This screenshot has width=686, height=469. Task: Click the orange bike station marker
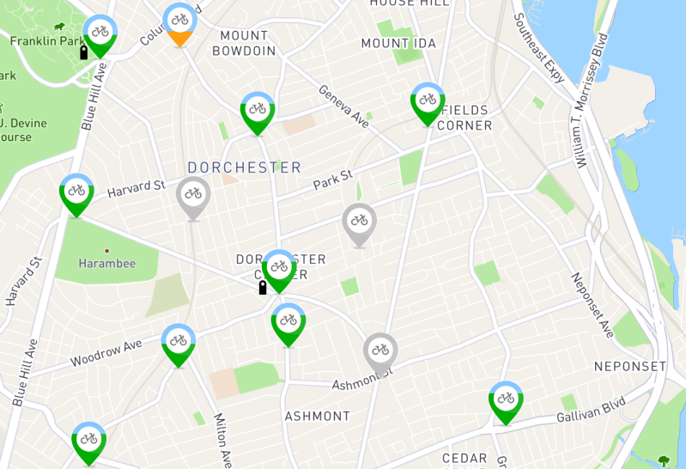pos(179,22)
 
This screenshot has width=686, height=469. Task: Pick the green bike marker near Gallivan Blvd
pos(505,401)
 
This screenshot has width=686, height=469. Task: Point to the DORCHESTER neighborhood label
pos(245,167)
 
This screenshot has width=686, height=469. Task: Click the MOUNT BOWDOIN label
pos(248,43)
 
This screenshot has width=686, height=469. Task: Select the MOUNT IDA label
pos(398,43)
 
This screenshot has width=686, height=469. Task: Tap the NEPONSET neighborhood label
pos(630,367)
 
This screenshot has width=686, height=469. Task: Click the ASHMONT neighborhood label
pos(318,416)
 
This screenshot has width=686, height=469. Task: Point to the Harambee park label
pos(106,263)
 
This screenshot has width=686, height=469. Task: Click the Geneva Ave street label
pos(343,107)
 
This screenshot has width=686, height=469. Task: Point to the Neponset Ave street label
pos(592,305)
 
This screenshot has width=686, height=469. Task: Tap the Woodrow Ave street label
pos(106,352)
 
